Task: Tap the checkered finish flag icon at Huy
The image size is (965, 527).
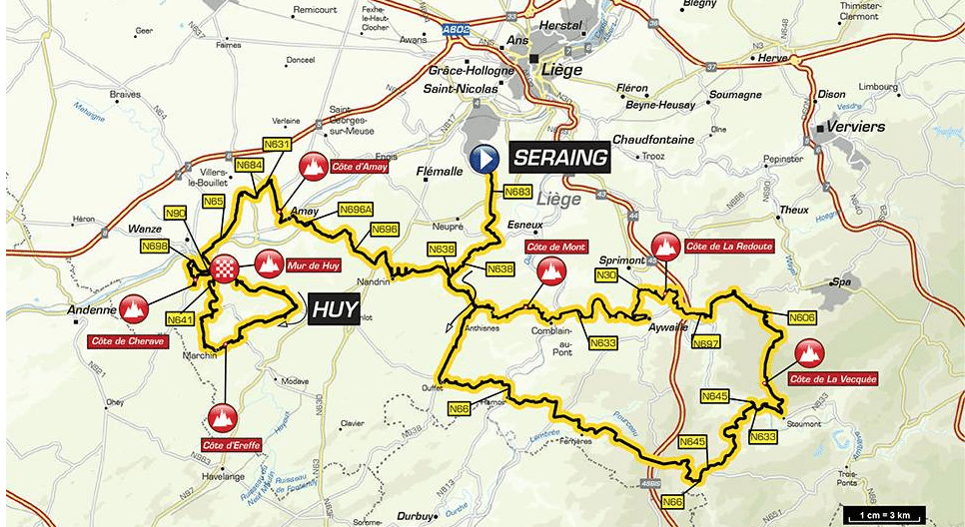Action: (223, 266)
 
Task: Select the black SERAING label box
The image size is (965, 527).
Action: (560, 158)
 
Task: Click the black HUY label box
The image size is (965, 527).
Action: (333, 309)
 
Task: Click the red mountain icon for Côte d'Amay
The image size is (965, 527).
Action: (316, 167)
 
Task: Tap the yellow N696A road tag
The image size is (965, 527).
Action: (356, 210)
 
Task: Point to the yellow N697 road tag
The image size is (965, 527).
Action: (705, 343)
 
